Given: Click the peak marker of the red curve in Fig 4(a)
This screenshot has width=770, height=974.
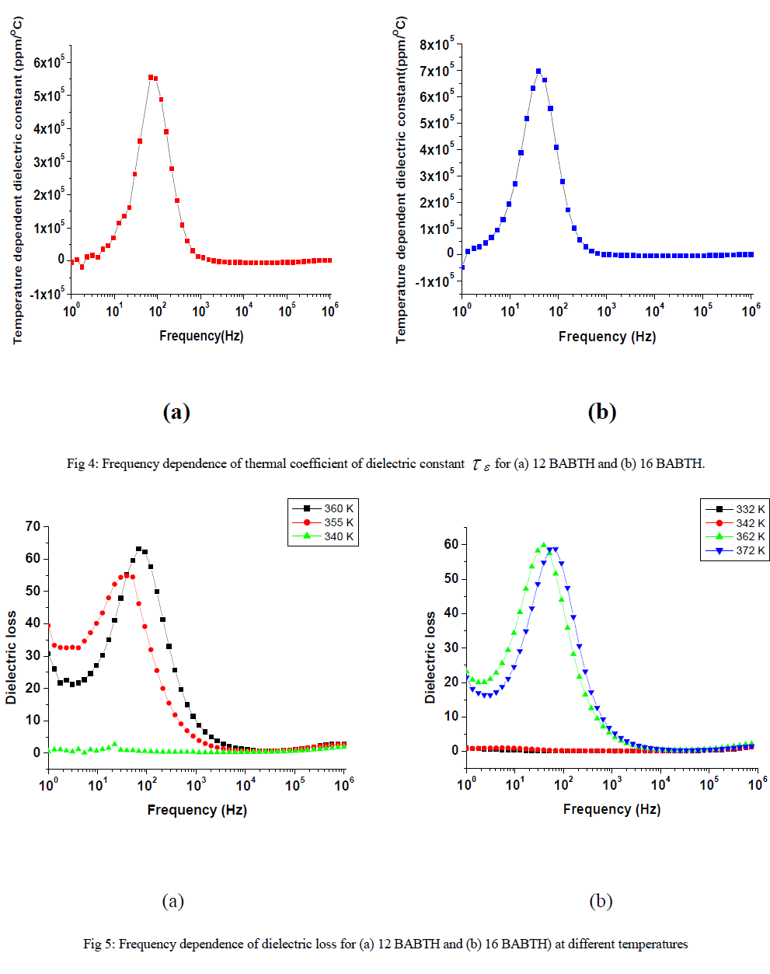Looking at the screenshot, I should coord(151,77).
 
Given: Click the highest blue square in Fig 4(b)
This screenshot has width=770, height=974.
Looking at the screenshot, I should coord(538,72).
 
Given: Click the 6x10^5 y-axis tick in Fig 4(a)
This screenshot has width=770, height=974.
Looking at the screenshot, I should coord(48,61).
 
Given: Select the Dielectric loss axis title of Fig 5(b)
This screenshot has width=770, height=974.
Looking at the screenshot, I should coord(430,658).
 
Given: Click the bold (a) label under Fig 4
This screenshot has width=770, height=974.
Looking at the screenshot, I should coord(176,412).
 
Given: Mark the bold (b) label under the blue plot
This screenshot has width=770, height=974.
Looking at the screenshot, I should coord(601,412).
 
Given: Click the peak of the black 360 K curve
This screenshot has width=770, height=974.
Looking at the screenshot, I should coord(139,549).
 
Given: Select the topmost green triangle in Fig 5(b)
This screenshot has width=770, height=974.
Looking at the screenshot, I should coord(544,545).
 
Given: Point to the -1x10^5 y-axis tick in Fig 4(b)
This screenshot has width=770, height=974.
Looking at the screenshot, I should coord(434,281).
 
